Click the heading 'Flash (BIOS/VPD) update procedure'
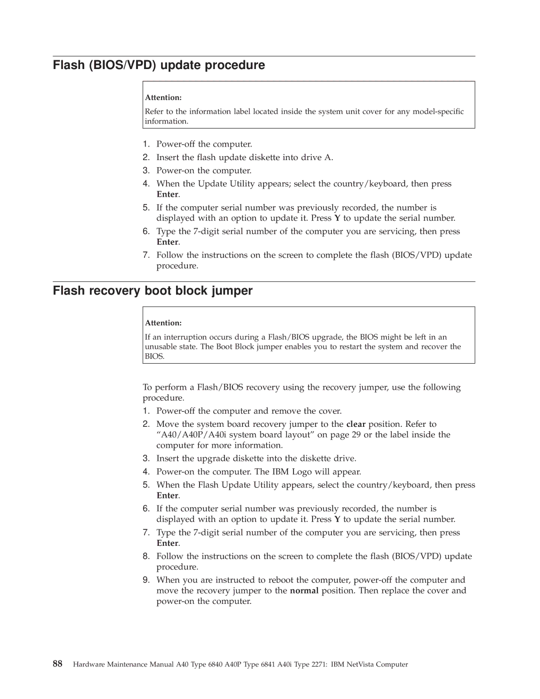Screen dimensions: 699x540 tap(159, 65)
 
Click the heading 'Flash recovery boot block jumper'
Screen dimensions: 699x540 tap(152, 291)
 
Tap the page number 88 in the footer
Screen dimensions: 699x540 tap(57, 664)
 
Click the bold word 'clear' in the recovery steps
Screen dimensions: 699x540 tap(355, 424)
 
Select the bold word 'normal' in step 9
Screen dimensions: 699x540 tap(304, 591)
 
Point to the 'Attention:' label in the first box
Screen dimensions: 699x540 tap(163, 98)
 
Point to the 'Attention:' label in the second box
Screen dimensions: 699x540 tap(163, 323)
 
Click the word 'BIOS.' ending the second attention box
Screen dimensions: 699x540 tap(154, 356)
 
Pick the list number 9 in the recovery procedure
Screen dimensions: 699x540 tap(146, 580)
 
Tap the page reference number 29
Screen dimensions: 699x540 tap(355, 435)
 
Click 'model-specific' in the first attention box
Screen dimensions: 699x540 tap(438, 112)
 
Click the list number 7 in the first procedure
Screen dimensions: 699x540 tap(146, 255)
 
